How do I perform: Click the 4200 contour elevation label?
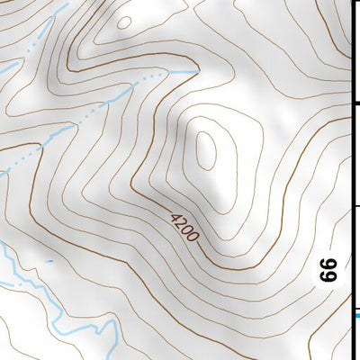click(x=184, y=225)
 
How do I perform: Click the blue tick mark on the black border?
click(x=356, y=314)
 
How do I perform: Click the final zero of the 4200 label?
click(x=193, y=236)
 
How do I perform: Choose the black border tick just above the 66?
click(x=355, y=206)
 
